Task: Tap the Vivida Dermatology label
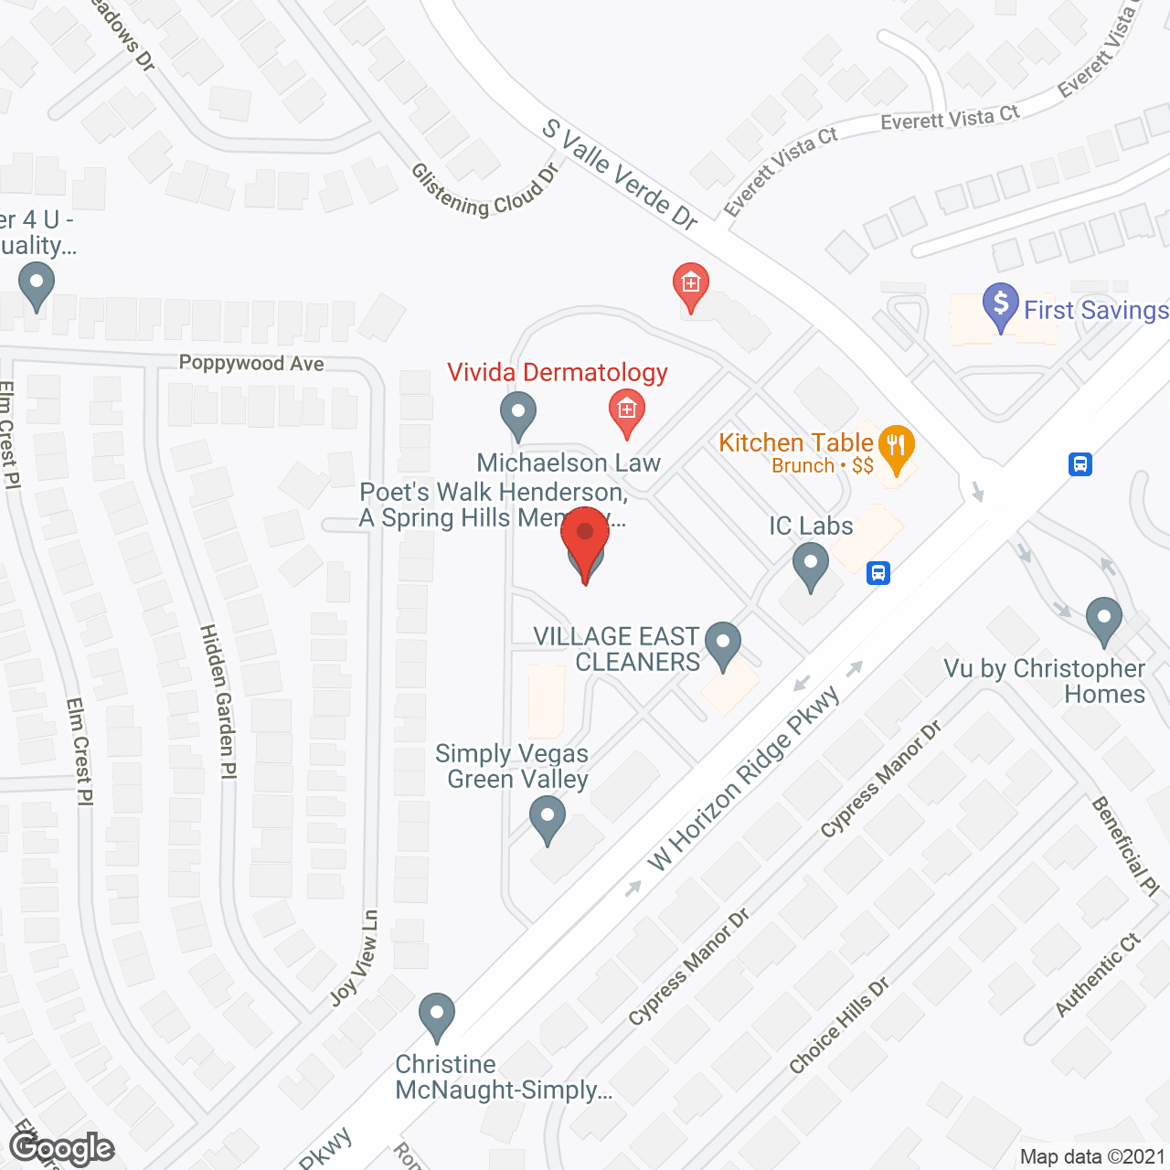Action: [557, 373]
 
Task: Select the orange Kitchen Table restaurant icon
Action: [896, 447]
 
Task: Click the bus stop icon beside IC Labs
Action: [878, 573]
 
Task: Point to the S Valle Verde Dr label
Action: [620, 174]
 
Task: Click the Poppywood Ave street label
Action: [251, 363]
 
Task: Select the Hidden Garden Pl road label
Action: [218, 701]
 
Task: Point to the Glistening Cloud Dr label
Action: [484, 190]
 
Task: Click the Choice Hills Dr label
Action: [838, 1026]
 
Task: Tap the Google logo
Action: [61, 1147]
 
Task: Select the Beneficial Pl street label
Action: [1125, 846]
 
